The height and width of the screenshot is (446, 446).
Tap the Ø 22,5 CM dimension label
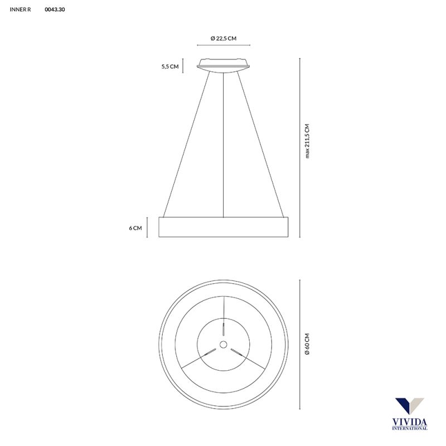pyautogui.click(x=224, y=38)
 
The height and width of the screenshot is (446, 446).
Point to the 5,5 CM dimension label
pyautogui.click(x=169, y=66)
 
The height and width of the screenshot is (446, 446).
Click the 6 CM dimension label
pyautogui.click(x=135, y=227)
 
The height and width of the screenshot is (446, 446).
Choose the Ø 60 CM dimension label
pyautogui.click(x=307, y=343)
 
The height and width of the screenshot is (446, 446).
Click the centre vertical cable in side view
pyautogui.click(x=224, y=145)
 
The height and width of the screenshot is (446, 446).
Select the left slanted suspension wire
pyautogui.click(x=187, y=145)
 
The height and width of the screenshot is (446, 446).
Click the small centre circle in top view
pyautogui.click(x=224, y=343)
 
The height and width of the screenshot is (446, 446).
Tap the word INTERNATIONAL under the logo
pyautogui.click(x=410, y=429)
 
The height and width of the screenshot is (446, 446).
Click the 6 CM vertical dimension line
pyautogui.click(x=148, y=227)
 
